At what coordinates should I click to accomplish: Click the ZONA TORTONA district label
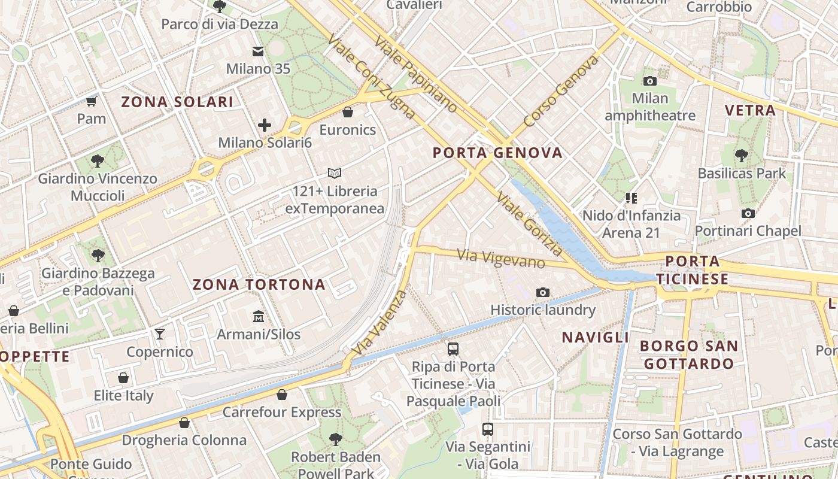click(x=259, y=284)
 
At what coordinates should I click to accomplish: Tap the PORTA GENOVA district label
click(x=497, y=153)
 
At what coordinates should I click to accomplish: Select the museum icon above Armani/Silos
click(x=259, y=316)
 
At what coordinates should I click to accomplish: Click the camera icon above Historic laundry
click(x=543, y=292)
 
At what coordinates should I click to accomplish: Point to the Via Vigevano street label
click(x=501, y=259)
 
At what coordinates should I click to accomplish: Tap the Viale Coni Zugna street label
click(x=371, y=75)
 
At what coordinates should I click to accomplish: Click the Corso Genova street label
click(x=560, y=91)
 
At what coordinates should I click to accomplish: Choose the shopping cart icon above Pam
click(x=92, y=101)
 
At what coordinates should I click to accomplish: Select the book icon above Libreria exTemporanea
click(x=335, y=174)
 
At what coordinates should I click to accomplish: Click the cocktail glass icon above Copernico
click(x=160, y=334)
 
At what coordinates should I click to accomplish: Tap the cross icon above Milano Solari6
click(x=265, y=125)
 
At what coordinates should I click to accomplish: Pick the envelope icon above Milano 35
click(x=258, y=51)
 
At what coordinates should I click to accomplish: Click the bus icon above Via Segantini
click(x=488, y=429)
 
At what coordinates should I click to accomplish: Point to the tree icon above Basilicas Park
click(x=742, y=156)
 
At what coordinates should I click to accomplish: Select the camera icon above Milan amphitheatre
click(x=649, y=81)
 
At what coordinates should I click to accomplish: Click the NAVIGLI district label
click(x=595, y=337)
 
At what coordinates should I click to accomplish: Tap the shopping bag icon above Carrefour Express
click(x=282, y=395)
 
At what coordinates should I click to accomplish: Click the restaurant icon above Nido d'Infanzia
click(x=631, y=198)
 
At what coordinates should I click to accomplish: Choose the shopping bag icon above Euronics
click(x=348, y=112)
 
